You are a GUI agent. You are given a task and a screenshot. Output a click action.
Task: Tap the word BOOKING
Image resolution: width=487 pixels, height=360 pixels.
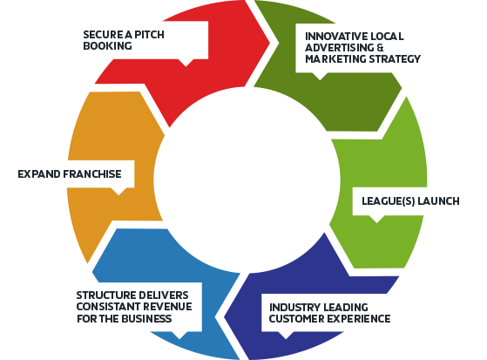coord(107,46)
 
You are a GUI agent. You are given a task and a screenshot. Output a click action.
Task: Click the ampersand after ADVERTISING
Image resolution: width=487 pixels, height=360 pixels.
coord(380,48)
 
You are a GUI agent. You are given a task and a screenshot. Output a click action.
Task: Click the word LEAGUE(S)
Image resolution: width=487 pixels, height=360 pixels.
coord(389,201)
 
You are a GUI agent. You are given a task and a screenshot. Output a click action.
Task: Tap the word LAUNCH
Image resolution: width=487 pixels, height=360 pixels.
coord(438,201)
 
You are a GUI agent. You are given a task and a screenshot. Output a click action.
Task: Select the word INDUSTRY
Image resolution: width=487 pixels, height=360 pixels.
coord(291,308)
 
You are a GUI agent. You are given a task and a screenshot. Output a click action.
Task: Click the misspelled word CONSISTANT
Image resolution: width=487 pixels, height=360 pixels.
coord(106,307)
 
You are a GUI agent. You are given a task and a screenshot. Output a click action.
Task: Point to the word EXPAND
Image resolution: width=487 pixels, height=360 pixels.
coord(39,174)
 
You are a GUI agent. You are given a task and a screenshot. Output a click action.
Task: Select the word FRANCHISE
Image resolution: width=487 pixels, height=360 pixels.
coord(92,174)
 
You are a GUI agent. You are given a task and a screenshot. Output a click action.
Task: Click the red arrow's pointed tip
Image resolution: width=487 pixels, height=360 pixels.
coord(269,43)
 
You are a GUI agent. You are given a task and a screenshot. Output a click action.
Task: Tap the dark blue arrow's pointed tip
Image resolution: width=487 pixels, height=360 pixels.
coord(225,317)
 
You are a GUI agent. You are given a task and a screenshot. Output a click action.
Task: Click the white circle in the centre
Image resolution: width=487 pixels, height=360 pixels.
coord(247,180)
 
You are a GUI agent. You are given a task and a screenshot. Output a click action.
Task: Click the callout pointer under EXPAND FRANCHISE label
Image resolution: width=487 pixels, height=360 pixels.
coord(118,192)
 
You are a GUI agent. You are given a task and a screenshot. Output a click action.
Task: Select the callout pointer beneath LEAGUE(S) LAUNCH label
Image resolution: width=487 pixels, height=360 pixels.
coord(376,219)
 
